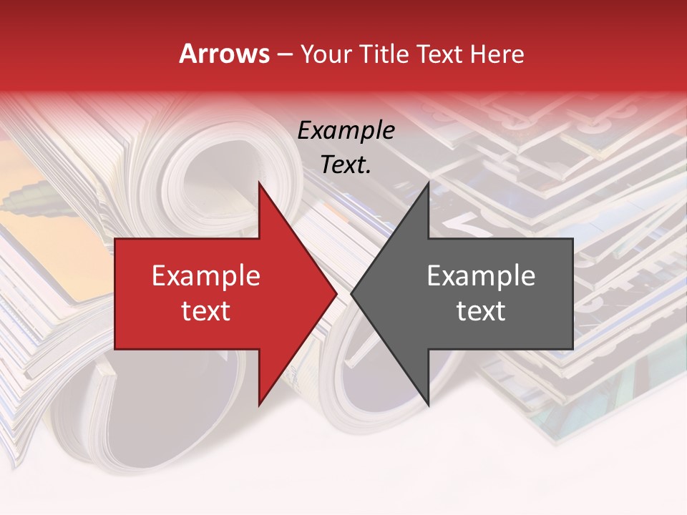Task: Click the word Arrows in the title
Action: pos(224,54)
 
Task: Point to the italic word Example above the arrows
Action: pos(346,131)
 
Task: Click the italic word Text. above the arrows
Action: pos(346,165)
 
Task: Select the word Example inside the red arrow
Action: pos(205,276)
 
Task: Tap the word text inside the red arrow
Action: pos(205,311)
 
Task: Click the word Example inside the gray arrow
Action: pos(481,276)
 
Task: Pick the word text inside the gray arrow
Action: pos(481,311)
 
